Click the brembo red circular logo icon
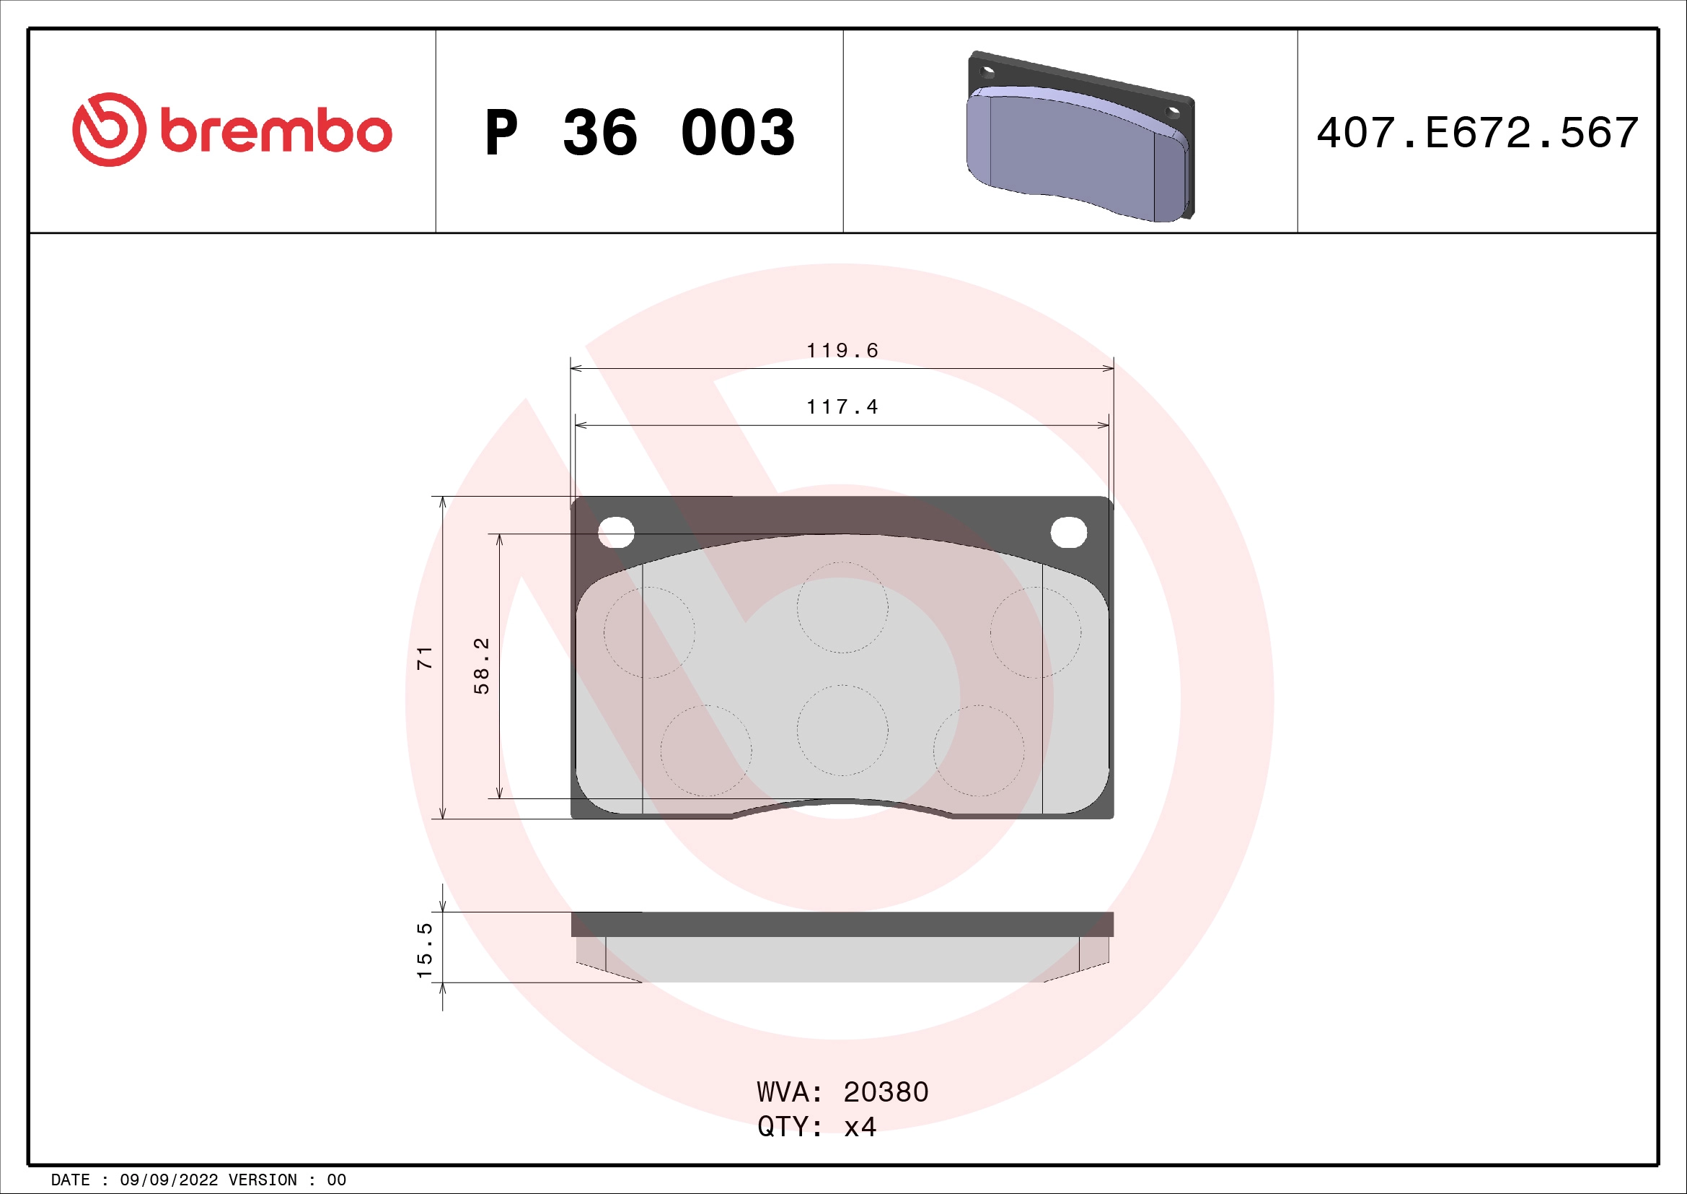[x=109, y=129]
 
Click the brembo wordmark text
[x=276, y=132]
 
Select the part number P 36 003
[x=639, y=133]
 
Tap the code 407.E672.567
[x=1477, y=133]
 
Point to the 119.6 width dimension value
[x=842, y=351]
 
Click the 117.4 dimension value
[x=842, y=407]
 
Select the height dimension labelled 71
[x=425, y=658]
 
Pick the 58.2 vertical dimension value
[x=481, y=666]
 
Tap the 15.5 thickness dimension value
[x=425, y=950]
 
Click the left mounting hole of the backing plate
[x=616, y=531]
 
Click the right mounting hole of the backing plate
[x=1068, y=532]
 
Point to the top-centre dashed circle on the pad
[x=842, y=607]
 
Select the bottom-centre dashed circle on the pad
[x=842, y=730]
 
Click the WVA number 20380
[x=886, y=1092]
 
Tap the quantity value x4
[x=860, y=1127]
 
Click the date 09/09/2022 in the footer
[x=169, y=1180]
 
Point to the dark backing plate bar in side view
[x=842, y=924]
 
